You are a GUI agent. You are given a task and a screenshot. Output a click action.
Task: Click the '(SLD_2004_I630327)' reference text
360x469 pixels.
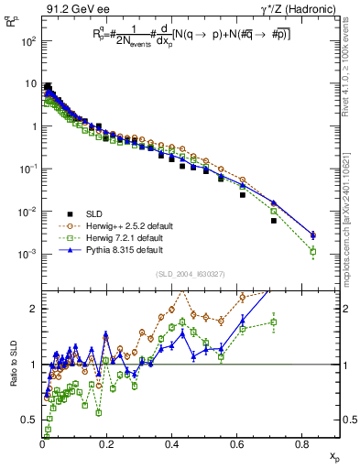[191, 274]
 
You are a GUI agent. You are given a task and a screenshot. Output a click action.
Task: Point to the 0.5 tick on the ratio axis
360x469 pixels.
[29, 420]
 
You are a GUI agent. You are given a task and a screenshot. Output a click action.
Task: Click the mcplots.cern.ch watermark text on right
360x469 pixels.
[349, 183]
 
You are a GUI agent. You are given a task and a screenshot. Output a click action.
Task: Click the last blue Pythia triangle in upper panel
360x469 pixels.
[313, 235]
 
